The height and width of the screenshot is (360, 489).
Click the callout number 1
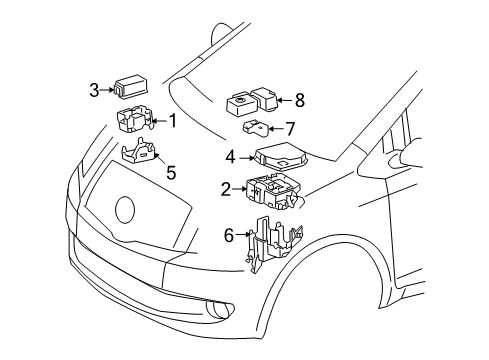(172, 122)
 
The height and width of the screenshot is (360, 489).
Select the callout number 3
(94, 90)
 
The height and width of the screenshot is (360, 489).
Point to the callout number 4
(230, 156)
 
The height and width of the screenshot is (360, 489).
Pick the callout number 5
(171, 172)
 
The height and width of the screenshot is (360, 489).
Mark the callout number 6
(229, 236)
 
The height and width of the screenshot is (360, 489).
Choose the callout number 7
(291, 128)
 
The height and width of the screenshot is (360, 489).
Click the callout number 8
(299, 100)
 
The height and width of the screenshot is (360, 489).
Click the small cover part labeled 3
(129, 88)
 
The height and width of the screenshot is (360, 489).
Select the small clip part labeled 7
(259, 128)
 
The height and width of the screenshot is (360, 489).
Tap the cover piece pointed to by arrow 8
(264, 97)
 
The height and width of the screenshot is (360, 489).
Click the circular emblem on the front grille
(125, 210)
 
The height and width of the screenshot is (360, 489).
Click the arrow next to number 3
(108, 90)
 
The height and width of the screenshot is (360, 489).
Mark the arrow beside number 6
(243, 236)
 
